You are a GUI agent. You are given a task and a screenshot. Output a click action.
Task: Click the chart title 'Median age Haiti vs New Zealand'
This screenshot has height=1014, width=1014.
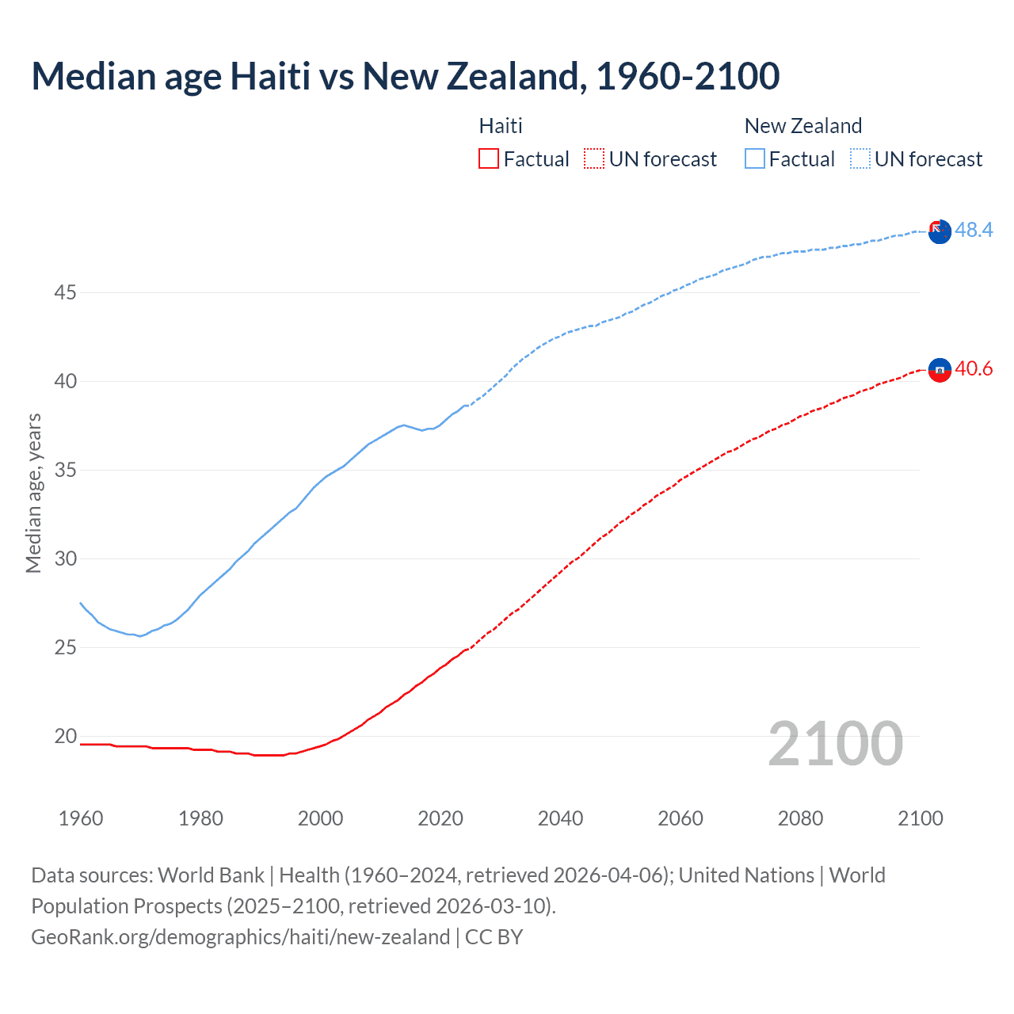point(405,76)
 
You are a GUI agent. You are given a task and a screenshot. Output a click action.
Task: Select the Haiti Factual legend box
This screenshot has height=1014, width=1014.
point(489,159)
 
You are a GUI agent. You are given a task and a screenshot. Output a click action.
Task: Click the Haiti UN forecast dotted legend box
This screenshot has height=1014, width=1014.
point(594,159)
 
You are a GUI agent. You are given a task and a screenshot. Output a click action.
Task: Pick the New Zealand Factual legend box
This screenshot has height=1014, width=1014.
point(755,159)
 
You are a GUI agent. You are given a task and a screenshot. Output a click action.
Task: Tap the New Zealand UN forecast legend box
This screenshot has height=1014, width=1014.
point(860,159)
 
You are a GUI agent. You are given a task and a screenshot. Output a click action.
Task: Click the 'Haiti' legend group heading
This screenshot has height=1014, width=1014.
point(501,126)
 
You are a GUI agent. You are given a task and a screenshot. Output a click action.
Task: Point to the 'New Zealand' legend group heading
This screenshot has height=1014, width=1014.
point(802,126)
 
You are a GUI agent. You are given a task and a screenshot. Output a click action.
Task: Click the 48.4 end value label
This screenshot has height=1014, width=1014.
point(974,230)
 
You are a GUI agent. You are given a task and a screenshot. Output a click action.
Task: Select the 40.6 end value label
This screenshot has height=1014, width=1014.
point(974,369)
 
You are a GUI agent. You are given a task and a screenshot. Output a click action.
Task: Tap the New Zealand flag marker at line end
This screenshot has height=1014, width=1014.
point(940,232)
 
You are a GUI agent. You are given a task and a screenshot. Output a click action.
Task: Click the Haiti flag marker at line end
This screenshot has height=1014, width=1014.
point(940,370)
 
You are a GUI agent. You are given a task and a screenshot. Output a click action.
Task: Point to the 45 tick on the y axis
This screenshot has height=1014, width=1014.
point(65,293)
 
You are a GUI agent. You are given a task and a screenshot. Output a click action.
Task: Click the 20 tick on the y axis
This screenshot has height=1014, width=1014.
point(65,737)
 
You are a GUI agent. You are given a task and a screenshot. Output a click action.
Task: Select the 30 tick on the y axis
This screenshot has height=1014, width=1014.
point(65,559)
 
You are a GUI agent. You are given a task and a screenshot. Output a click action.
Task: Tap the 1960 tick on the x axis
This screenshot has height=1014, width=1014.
point(81,818)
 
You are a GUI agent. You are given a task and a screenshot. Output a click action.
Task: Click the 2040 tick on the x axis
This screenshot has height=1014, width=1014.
point(560,818)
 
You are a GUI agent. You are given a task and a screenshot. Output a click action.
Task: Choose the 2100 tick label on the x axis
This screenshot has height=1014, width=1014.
point(920,818)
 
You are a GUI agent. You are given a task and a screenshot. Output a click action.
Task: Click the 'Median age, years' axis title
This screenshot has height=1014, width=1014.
point(33,493)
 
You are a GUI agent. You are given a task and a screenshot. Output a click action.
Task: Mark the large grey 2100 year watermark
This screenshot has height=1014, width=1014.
point(835,744)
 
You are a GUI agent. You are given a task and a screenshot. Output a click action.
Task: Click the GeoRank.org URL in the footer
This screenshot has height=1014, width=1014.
point(240,937)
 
